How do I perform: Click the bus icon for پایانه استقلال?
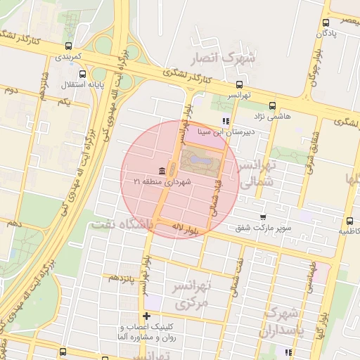pos(84,74)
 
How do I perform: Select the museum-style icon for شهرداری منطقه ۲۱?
pos(162,172)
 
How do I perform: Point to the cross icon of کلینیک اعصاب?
pos(146,316)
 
